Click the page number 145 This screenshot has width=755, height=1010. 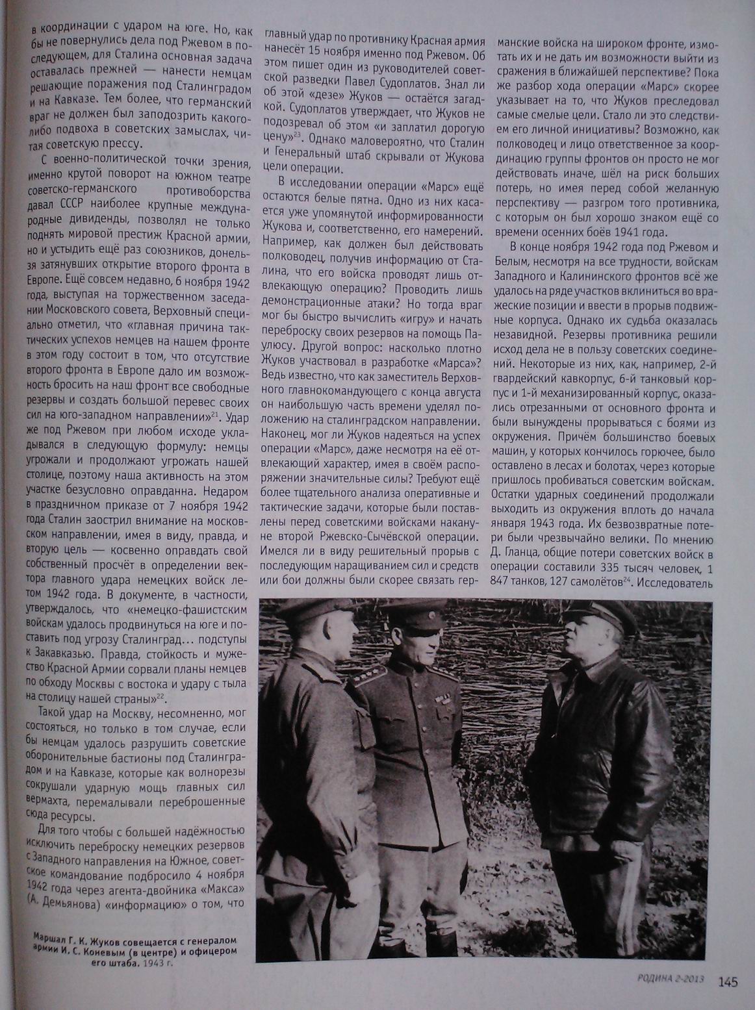(728, 982)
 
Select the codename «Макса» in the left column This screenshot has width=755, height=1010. (220, 887)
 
